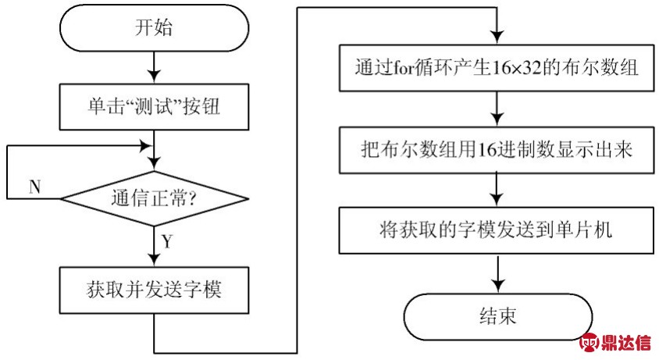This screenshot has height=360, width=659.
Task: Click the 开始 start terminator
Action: pyautogui.click(x=154, y=28)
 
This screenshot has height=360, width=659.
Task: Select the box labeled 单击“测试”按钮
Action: pyautogui.click(x=154, y=106)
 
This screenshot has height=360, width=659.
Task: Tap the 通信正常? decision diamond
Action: pyautogui.click(x=155, y=198)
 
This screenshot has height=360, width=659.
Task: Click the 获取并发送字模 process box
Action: pyautogui.click(x=154, y=290)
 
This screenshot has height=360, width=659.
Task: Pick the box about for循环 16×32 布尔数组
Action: pyautogui.click(x=497, y=68)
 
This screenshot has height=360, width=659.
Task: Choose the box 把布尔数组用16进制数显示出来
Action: pyautogui.click(x=497, y=150)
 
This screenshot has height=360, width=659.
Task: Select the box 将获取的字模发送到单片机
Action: pyautogui.click(x=497, y=230)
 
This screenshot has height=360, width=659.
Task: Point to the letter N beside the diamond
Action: pyautogui.click(x=35, y=187)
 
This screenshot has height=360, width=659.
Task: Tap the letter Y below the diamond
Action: pyautogui.click(x=167, y=241)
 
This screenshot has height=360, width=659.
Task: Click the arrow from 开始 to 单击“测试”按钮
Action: pyautogui.click(x=154, y=67)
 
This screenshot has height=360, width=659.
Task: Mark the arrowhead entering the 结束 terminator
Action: pyautogui.click(x=498, y=287)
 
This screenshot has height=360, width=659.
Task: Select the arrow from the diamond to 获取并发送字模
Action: pyautogui.click(x=154, y=247)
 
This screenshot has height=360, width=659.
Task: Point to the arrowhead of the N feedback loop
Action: pyautogui.click(x=145, y=146)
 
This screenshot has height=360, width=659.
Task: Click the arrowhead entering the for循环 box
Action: pyautogui.click(x=497, y=37)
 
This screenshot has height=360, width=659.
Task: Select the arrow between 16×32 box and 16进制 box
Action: pyautogui.click(x=497, y=109)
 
